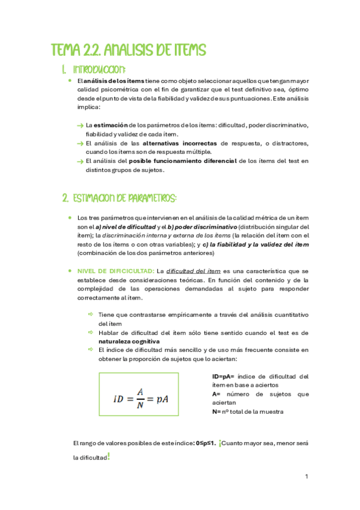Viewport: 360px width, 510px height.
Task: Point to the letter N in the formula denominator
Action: click(x=139, y=405)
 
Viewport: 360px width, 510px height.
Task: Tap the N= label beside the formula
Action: click(x=216, y=412)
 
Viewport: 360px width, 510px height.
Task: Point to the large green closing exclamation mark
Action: click(x=108, y=456)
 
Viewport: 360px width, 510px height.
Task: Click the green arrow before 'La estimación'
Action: click(x=81, y=125)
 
